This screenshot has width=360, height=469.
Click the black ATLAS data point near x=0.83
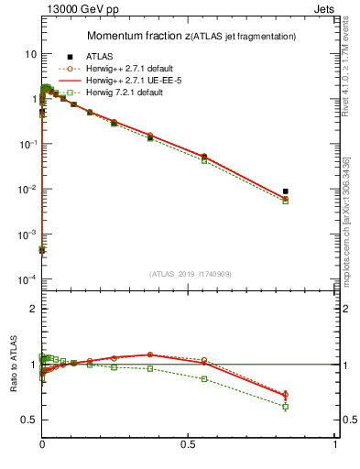286,191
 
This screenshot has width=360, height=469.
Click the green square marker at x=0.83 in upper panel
286,201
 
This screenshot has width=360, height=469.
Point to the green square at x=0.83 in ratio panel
286,407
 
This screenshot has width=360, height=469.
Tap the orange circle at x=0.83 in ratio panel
286,395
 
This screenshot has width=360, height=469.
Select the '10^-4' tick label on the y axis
27,278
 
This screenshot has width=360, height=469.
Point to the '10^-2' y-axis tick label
27,189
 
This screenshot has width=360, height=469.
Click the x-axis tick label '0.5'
189,443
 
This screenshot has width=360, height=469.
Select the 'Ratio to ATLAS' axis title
12,364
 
